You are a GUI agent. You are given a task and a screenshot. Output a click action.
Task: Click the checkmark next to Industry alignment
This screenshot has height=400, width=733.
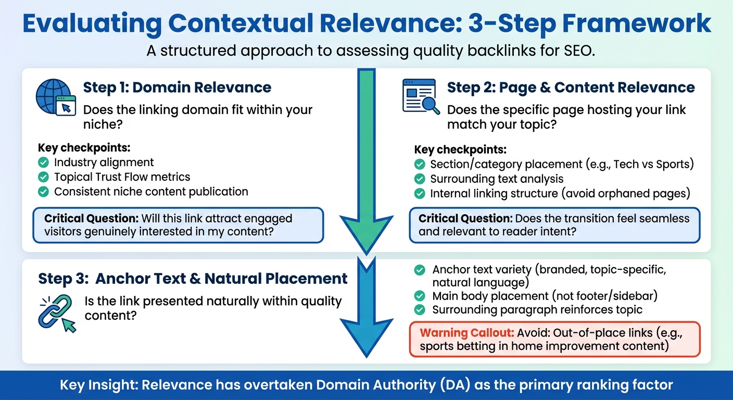coord(44,163)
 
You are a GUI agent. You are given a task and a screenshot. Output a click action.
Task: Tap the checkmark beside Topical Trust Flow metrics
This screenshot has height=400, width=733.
coord(44,178)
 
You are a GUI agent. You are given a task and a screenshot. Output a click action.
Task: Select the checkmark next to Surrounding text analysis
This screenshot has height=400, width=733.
coord(420,180)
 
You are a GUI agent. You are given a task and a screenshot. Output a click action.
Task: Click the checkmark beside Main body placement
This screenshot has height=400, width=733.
coord(420,296)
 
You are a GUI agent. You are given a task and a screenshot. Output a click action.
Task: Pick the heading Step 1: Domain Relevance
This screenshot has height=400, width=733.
coord(177,87)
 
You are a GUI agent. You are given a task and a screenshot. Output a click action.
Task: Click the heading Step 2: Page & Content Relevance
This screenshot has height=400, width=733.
coord(571,87)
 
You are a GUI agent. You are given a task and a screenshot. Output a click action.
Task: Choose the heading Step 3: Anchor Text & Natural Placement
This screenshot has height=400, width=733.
coord(193,279)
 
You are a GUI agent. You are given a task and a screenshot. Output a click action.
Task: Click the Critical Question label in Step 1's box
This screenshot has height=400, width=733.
coord(91,218)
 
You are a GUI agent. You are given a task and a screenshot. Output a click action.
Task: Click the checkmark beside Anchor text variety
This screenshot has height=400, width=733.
coord(420,270)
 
